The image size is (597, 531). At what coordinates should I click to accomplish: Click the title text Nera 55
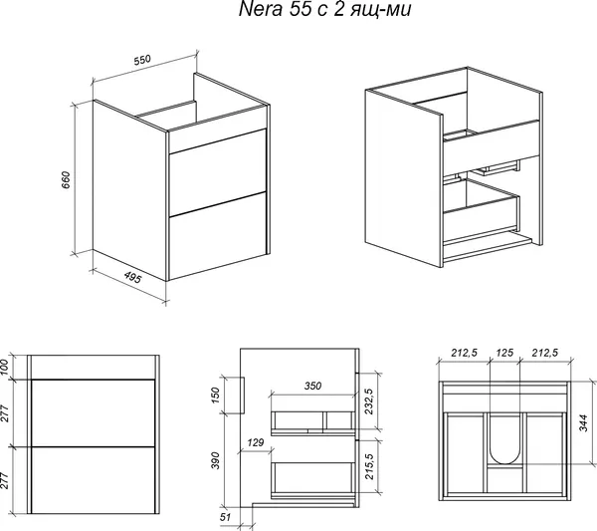(x=272, y=9)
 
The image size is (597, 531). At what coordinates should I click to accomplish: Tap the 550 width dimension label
(x=142, y=60)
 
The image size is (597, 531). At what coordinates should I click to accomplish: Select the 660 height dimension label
(x=66, y=180)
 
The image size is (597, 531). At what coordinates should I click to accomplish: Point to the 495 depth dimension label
(x=132, y=278)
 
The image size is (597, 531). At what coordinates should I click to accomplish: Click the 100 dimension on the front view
(x=4, y=367)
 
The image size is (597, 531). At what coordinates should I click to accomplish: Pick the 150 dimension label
(x=215, y=396)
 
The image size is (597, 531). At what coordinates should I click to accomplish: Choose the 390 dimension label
(x=215, y=460)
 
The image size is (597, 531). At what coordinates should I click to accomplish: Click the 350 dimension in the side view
(x=312, y=386)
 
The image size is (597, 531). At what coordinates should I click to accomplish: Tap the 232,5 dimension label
(x=369, y=401)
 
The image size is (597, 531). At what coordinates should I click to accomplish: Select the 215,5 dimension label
(x=369, y=466)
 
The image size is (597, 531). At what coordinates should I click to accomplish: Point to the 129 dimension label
(x=255, y=442)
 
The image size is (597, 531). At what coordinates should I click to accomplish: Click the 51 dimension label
(x=225, y=517)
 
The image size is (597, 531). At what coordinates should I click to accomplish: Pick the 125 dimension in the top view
(x=504, y=353)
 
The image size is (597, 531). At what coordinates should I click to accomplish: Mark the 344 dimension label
(x=583, y=423)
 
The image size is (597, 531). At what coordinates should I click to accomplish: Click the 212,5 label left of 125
(x=464, y=353)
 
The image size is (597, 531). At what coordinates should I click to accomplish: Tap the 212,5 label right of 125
(x=545, y=353)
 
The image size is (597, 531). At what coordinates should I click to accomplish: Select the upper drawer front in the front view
(x=93, y=412)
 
